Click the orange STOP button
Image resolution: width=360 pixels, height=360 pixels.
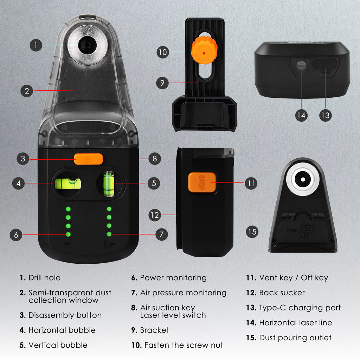202,182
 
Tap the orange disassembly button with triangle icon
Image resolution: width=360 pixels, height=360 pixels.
89,159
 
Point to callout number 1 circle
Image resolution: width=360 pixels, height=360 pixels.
36,45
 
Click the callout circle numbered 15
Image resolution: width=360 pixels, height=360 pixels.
252,232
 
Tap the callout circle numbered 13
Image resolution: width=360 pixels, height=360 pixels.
326,115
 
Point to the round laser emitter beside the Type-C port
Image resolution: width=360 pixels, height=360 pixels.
301,65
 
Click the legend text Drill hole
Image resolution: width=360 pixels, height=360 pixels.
44,278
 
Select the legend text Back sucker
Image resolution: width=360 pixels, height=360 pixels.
282,292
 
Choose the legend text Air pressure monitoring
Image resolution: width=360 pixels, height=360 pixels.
183,292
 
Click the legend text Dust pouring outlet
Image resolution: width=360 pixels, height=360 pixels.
295,337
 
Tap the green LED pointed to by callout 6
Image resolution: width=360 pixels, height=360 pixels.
68,234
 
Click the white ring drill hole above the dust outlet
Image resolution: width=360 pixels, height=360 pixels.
302,179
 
